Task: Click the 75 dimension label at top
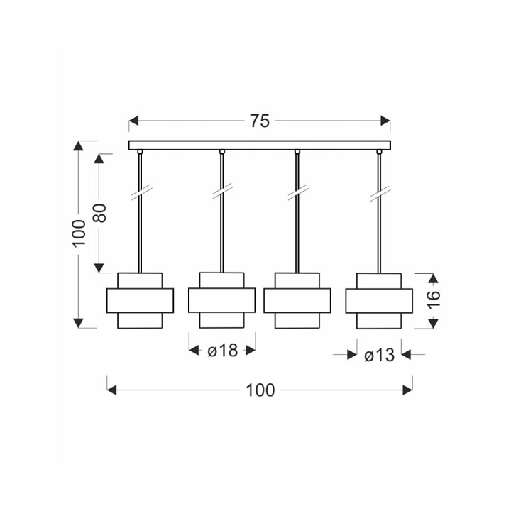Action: [260, 121]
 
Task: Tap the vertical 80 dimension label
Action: [99, 213]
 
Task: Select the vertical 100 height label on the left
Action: [79, 233]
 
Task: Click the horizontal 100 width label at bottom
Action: [260, 390]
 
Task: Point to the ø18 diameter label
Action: [223, 351]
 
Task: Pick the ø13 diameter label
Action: [379, 355]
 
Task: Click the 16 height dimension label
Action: [434, 300]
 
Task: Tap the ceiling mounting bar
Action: [260, 145]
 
